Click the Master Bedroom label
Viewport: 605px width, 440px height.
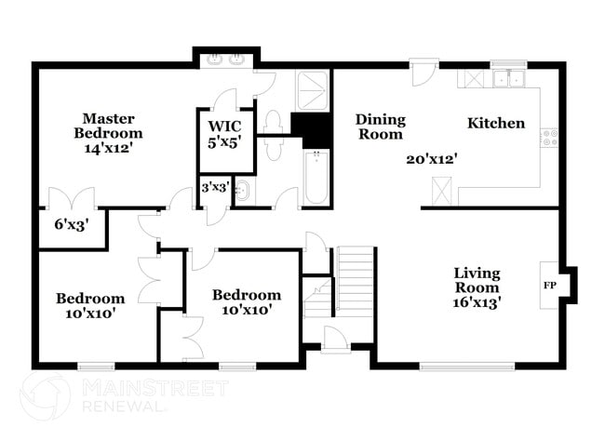(x=109, y=132)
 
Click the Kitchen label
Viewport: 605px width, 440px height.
(x=495, y=124)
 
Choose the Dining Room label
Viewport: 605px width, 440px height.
(x=381, y=127)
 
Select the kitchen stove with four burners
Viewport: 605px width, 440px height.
(x=551, y=139)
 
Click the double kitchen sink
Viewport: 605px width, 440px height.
(x=508, y=79)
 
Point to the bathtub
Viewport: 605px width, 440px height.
(x=316, y=178)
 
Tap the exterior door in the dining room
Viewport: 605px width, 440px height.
(x=424, y=73)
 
